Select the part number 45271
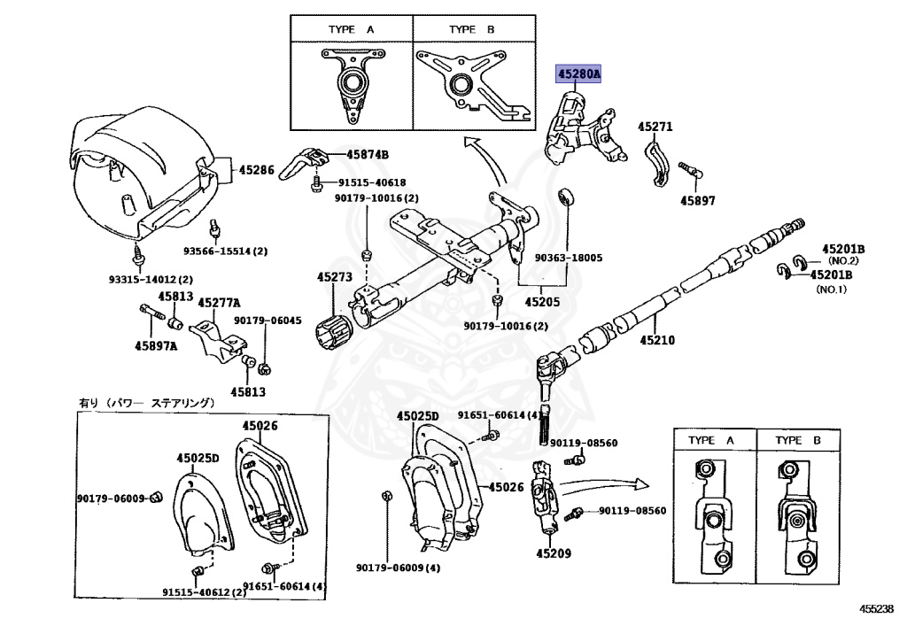point(655,127)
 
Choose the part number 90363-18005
point(568,258)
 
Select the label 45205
point(543,301)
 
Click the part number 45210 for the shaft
point(658,338)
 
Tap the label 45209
point(554,555)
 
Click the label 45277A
point(220,303)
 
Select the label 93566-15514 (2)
point(225,251)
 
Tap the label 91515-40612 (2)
point(204,592)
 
